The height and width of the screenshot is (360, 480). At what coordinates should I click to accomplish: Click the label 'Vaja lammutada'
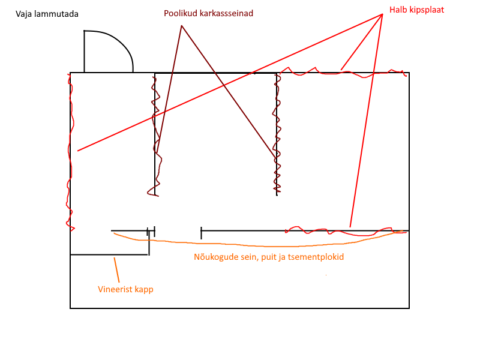click(x=47, y=14)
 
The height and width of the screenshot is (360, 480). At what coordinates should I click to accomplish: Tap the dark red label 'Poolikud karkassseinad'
click(x=203, y=13)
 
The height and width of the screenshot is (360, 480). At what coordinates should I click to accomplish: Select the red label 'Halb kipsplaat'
click(x=416, y=10)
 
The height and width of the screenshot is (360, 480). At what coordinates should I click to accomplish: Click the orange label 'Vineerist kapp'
click(x=125, y=289)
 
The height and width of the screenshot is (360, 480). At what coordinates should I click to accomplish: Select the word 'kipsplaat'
click(x=427, y=10)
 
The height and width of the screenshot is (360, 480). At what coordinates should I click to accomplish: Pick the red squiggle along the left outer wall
click(x=71, y=150)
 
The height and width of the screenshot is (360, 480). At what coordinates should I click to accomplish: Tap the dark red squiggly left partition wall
click(x=156, y=138)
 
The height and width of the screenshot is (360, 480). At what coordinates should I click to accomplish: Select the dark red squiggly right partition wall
click(x=277, y=138)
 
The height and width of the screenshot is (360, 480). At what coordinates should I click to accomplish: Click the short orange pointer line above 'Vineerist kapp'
click(x=118, y=270)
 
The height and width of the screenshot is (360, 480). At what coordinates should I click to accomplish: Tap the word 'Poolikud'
click(x=178, y=13)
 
